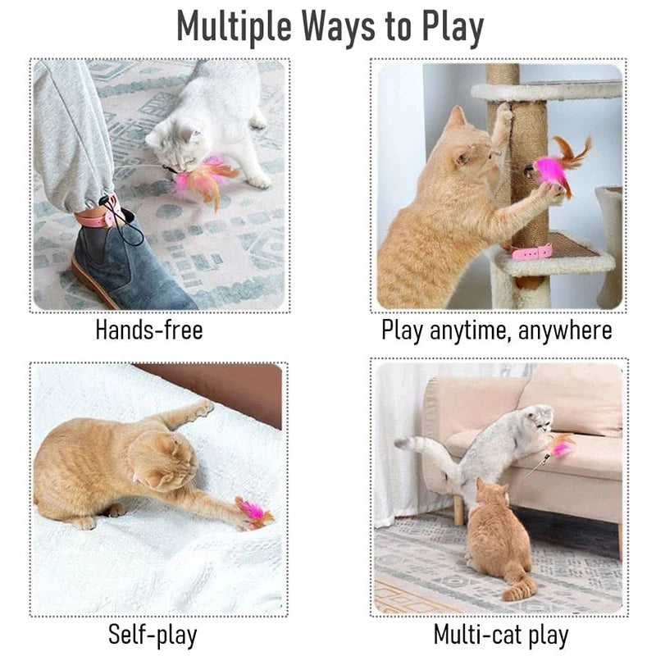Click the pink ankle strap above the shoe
[x=98, y=216]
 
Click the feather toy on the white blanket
[x=253, y=512]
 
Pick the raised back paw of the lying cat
[x=202, y=407]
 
